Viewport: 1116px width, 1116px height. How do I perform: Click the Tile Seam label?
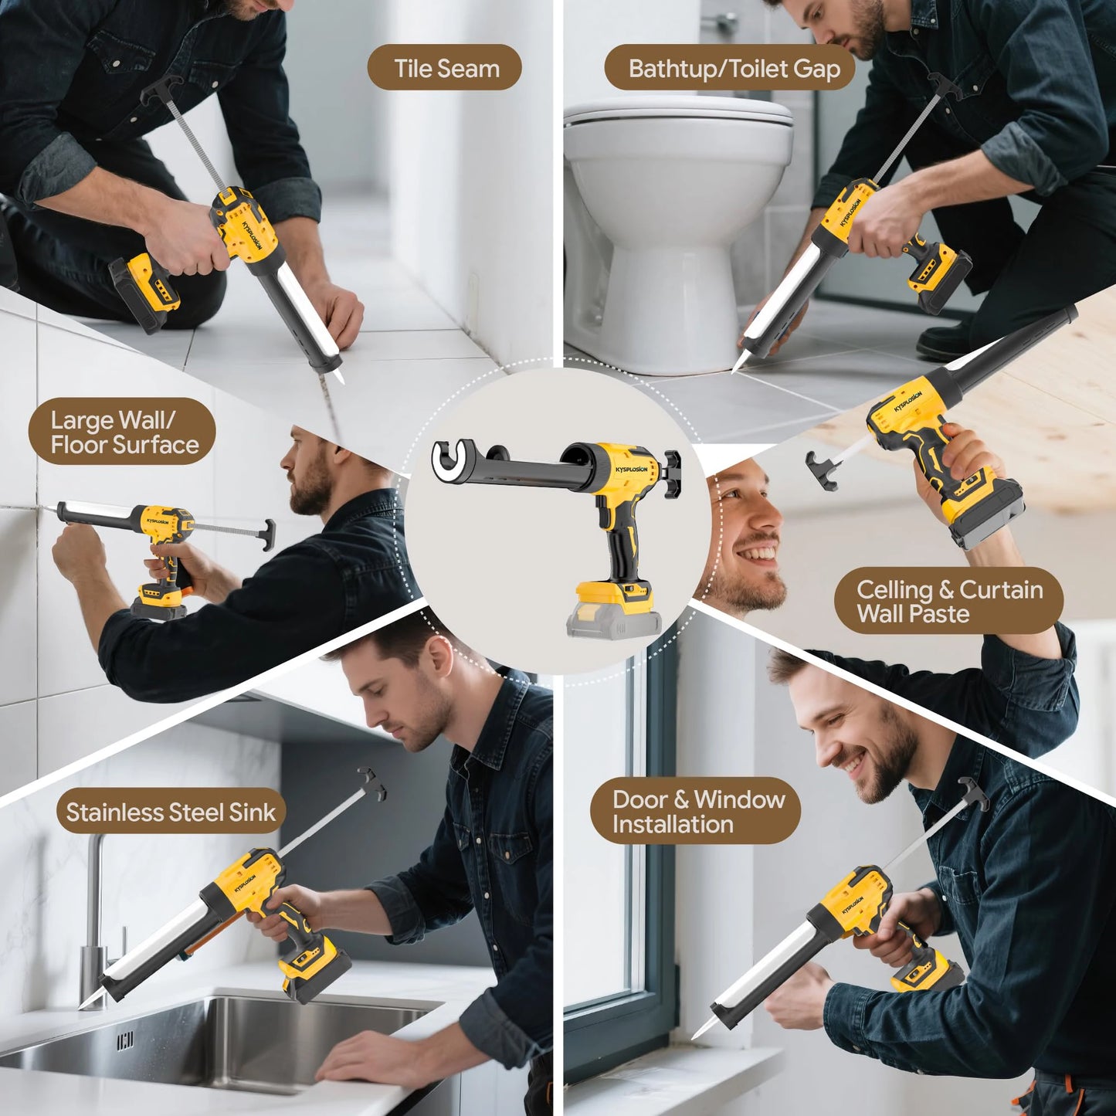tap(444, 68)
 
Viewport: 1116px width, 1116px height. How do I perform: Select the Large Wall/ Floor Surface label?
tap(122, 432)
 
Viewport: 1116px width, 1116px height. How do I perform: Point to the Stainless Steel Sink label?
tap(171, 812)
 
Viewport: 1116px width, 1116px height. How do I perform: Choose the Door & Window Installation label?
tap(695, 811)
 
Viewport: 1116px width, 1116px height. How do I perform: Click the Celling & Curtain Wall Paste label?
tap(948, 601)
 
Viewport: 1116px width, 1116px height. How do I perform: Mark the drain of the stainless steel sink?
tap(125, 1041)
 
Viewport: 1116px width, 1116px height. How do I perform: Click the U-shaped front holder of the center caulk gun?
tap(451, 464)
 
